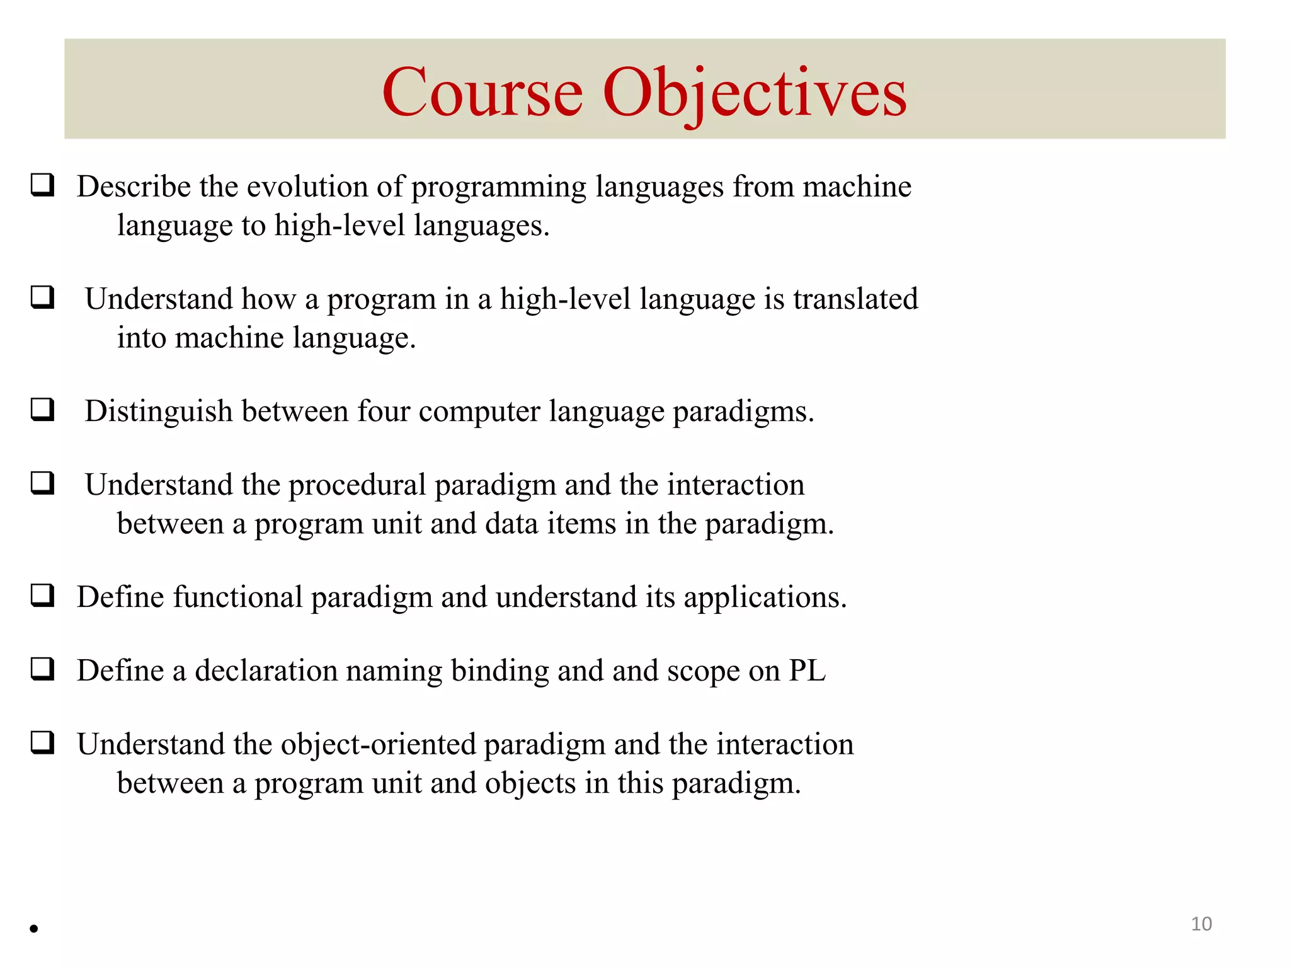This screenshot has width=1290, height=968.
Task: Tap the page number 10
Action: (1201, 924)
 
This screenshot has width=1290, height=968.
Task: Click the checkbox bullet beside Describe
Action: (43, 185)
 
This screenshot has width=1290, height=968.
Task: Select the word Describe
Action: (134, 187)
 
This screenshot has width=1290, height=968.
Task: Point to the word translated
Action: (855, 299)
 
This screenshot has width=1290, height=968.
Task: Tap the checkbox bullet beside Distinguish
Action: (43, 410)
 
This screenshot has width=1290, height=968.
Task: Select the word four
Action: (384, 412)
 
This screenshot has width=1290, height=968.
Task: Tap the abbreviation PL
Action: (806, 671)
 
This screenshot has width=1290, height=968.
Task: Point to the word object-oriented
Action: (378, 745)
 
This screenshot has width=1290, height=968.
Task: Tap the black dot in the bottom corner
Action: (34, 928)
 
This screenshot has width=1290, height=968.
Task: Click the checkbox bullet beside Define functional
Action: (43, 595)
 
